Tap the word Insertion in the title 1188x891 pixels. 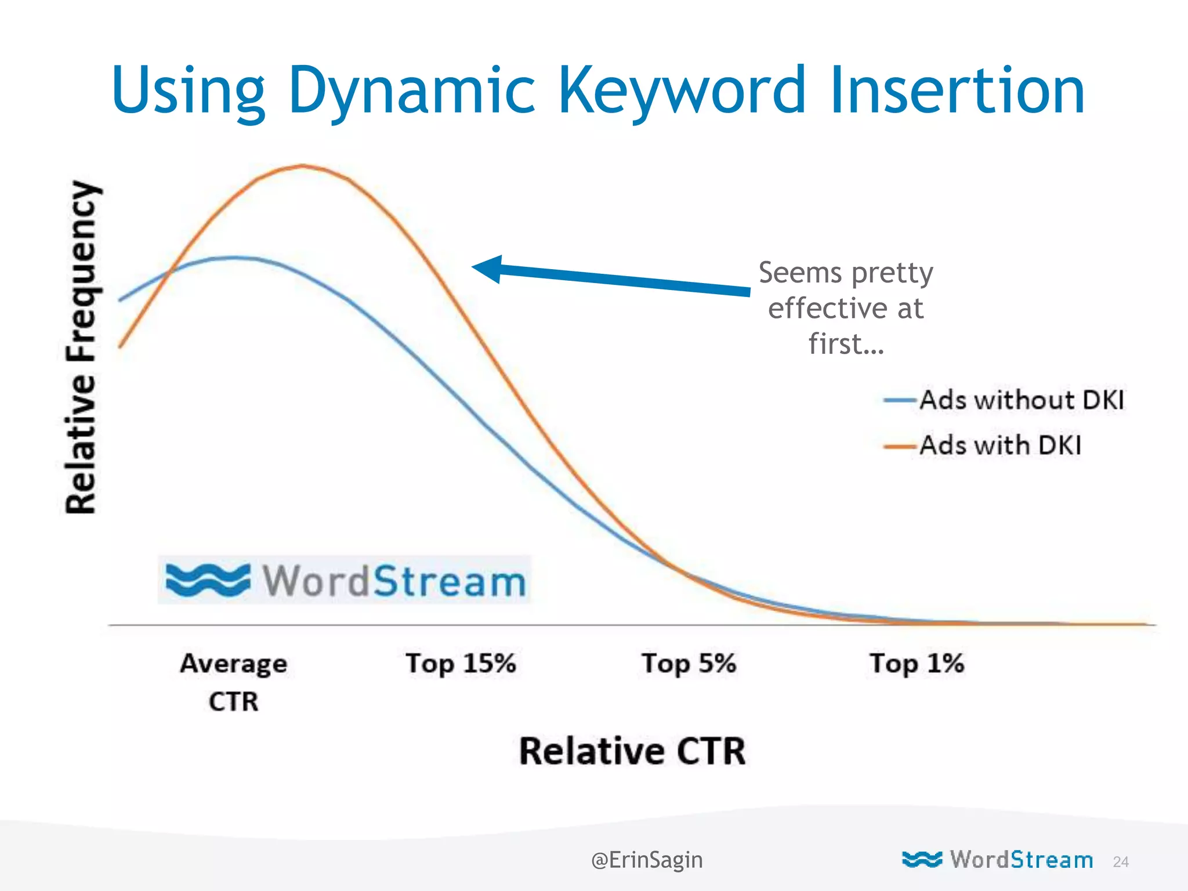[x=957, y=90]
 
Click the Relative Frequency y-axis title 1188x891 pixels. [x=81, y=347]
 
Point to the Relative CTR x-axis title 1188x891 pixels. [x=632, y=751]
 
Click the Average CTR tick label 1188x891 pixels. [x=234, y=681]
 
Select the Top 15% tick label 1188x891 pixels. [x=461, y=663]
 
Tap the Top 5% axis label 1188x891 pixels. [x=689, y=663]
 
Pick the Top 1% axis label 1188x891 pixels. [x=917, y=663]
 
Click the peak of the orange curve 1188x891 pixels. [x=302, y=166]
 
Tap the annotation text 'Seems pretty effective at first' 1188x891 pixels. [x=846, y=307]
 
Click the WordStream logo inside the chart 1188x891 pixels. [x=345, y=580]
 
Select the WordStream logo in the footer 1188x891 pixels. [x=998, y=860]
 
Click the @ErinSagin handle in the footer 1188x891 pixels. [x=647, y=860]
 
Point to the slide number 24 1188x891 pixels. [x=1121, y=862]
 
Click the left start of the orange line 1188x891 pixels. [x=121, y=346]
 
